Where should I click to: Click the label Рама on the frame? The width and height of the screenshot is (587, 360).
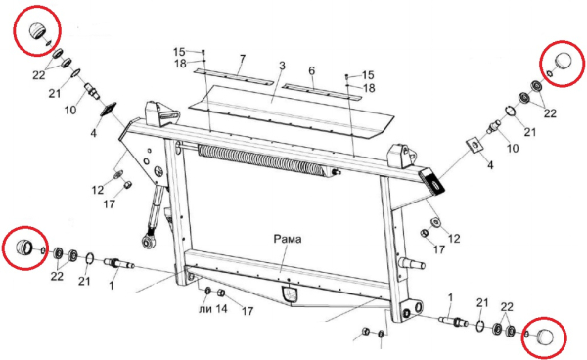[x=288, y=239]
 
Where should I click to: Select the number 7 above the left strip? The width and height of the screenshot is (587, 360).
[x=243, y=59]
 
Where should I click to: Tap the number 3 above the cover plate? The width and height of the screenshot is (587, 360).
[x=282, y=66]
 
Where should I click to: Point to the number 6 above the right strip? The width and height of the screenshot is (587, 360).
[x=311, y=70]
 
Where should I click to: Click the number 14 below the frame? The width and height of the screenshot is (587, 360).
[x=221, y=309]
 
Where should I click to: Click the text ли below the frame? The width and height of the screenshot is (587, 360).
[x=205, y=309]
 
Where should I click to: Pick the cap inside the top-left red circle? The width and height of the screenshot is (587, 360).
[x=37, y=30]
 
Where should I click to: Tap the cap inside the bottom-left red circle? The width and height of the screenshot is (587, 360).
[x=24, y=247]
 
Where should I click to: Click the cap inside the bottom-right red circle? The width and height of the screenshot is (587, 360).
[x=545, y=337]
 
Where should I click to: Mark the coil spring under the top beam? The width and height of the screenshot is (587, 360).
[x=261, y=159]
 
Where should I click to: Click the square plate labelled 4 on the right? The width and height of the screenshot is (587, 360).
[x=474, y=145]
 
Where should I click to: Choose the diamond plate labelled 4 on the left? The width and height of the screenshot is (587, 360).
[x=109, y=110]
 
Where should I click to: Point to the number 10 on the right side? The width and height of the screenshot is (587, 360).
[x=513, y=148]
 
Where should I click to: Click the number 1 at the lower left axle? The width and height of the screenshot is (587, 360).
[x=112, y=286]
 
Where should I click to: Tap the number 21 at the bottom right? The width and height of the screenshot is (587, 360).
[x=482, y=302]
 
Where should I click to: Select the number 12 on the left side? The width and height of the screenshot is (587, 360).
[x=98, y=190]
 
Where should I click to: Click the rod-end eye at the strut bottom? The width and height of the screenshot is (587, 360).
[x=148, y=240]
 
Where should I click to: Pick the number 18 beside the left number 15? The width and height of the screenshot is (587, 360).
[x=180, y=64]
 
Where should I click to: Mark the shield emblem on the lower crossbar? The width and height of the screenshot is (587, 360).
[x=290, y=294]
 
